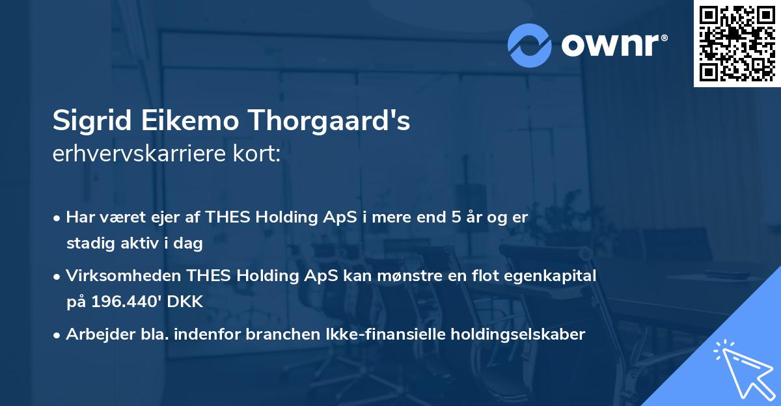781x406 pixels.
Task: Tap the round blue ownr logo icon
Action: [530, 45]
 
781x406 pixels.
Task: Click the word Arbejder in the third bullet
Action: [93, 334]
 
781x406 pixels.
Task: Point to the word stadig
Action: [87, 244]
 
